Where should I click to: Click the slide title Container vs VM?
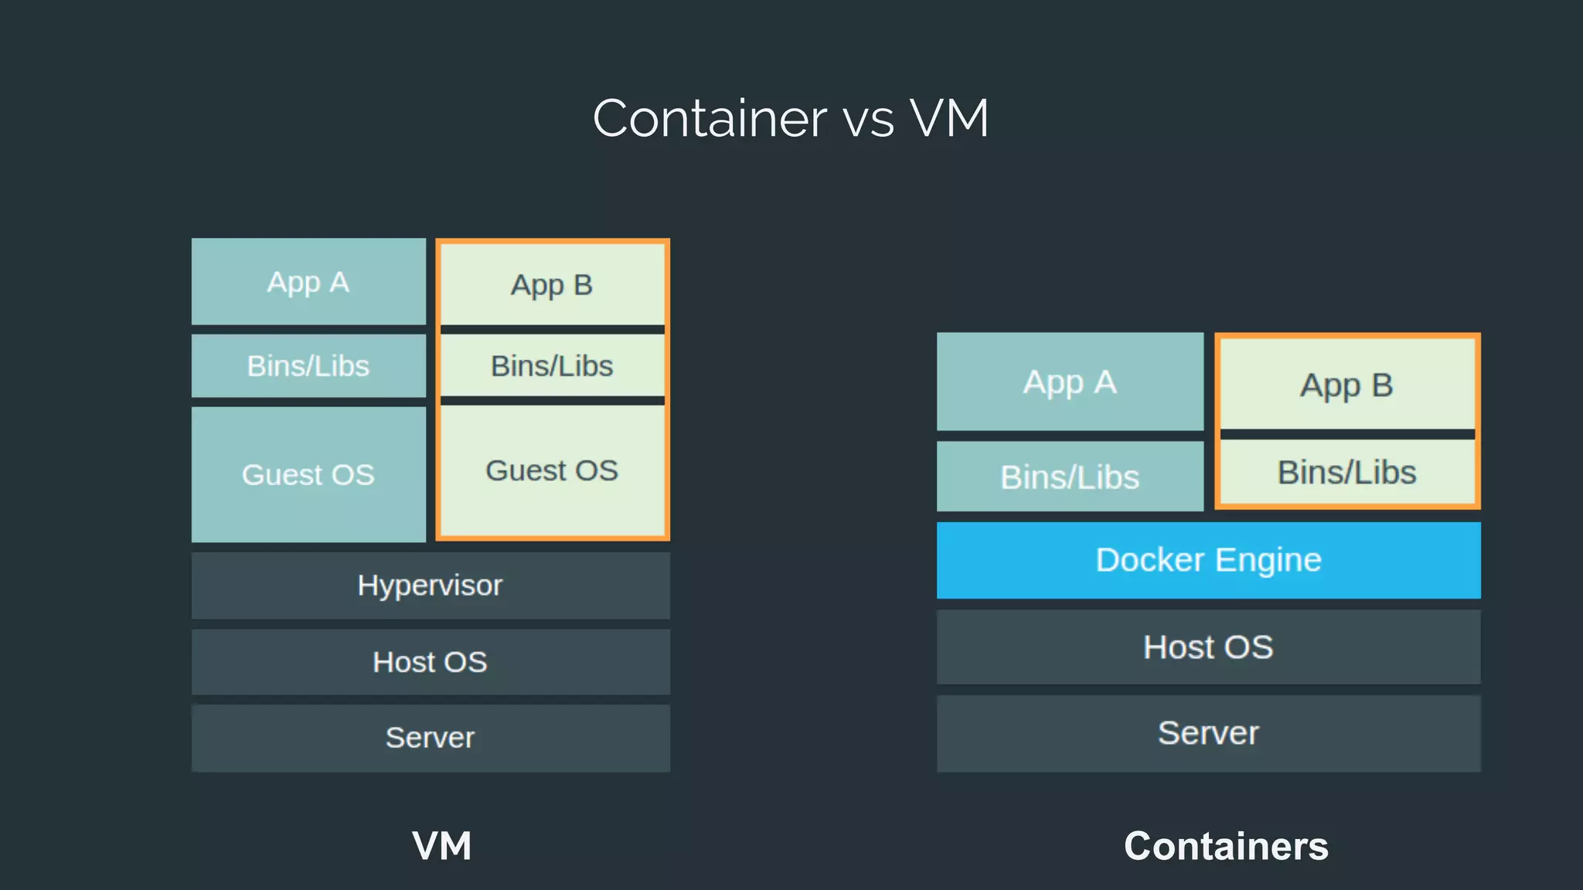click(x=791, y=118)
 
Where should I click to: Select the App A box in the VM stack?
click(x=308, y=282)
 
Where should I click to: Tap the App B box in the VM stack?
click(x=552, y=285)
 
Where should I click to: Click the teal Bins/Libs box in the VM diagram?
click(x=308, y=365)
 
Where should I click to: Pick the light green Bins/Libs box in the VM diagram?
click(x=552, y=365)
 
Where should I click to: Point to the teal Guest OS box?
click(x=308, y=474)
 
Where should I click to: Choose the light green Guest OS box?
click(x=552, y=470)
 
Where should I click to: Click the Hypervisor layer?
click(x=431, y=585)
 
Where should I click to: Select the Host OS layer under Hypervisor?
click(x=431, y=662)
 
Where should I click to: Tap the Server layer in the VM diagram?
click(x=431, y=738)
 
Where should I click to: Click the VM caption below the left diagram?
click(x=441, y=846)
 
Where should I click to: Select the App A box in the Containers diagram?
click(x=1070, y=382)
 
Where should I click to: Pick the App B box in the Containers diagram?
click(x=1346, y=385)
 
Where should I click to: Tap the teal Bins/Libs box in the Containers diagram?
click(x=1070, y=477)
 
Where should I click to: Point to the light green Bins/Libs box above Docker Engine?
click(x=1346, y=472)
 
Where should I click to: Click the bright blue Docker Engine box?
click(x=1208, y=560)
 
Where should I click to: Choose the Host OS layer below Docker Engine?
click(x=1208, y=647)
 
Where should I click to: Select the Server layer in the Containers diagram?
click(x=1208, y=732)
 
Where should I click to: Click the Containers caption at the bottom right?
click(x=1226, y=846)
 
